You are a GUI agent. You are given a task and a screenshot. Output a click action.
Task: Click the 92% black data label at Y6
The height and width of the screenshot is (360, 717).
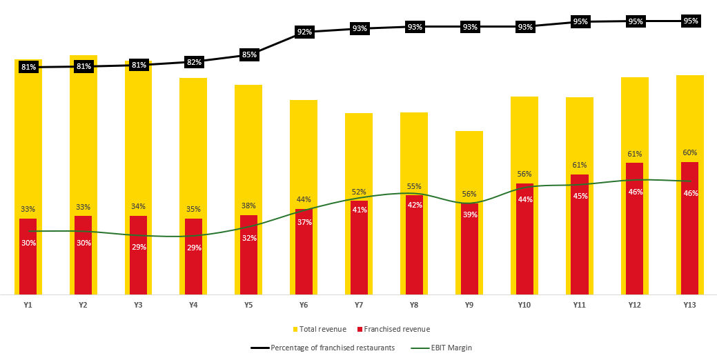pyautogui.click(x=304, y=32)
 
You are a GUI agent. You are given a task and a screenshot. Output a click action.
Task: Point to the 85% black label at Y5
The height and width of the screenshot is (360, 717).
pyautogui.click(x=249, y=55)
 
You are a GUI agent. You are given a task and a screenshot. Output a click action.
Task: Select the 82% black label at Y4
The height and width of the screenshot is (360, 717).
pyautogui.click(x=194, y=62)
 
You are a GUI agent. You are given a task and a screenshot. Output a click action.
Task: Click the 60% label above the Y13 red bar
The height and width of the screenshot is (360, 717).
pyautogui.click(x=690, y=152)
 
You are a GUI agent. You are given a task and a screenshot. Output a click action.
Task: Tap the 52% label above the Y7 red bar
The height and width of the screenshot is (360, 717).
pyautogui.click(x=359, y=192)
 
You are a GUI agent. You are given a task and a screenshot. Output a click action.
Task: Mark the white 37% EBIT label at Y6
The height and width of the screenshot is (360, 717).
pyautogui.click(x=304, y=222)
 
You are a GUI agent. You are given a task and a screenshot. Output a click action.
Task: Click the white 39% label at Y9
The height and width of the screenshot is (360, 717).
pyautogui.click(x=469, y=214)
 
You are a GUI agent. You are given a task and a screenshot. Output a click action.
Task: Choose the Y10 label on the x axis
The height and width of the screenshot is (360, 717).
pyautogui.click(x=524, y=304)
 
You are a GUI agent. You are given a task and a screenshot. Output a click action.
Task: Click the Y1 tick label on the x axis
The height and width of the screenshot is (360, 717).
pyautogui.click(x=28, y=304)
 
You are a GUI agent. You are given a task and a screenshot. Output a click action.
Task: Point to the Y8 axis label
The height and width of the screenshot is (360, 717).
pyautogui.click(x=414, y=304)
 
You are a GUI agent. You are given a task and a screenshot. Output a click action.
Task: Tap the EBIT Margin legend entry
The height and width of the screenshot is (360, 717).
pyautogui.click(x=449, y=348)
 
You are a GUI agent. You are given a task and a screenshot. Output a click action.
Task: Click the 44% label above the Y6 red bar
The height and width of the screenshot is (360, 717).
pyautogui.click(x=304, y=199)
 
